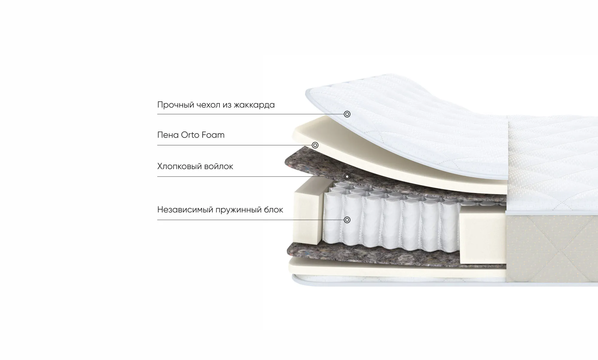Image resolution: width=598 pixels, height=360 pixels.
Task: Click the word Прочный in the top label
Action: pos(176,105)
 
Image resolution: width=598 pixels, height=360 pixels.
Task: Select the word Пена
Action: pos(168,135)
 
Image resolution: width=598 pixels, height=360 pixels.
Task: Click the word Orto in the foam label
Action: pos(190,135)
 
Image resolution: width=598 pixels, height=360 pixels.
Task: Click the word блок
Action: pos(274,210)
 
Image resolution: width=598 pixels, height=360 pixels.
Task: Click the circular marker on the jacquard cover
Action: pos(347,114)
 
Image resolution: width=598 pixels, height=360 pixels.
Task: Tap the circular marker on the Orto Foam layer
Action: pos(315,145)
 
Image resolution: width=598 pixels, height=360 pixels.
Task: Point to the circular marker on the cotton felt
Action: pos(347,176)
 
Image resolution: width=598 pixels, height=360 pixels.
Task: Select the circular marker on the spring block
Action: pos(347,220)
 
